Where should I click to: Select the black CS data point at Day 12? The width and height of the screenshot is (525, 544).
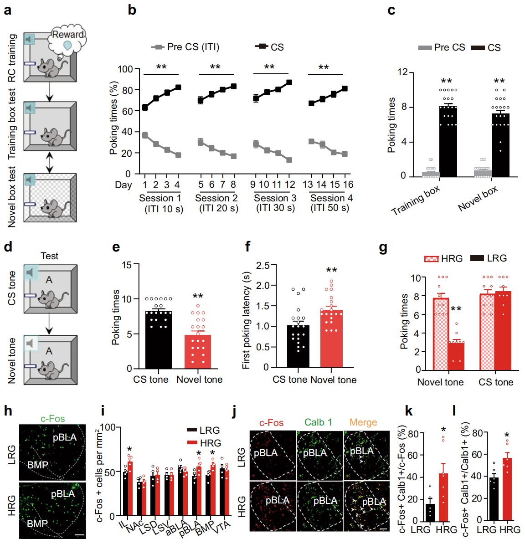pos(289,82)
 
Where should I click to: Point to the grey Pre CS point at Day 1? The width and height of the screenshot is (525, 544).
pos(145,135)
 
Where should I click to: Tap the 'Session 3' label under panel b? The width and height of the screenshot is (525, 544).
pos(275,198)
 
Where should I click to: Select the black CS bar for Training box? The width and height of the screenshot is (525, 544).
pos(448,141)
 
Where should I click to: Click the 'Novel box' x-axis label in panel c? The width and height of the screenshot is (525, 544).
pos(478,199)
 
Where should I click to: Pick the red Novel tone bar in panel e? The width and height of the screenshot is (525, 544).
pos(197,351)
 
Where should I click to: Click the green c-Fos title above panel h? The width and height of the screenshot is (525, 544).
pos(52,419)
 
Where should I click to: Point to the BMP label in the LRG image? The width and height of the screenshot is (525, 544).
pos(37,465)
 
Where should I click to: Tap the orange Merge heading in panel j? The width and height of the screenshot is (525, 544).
pos(363,422)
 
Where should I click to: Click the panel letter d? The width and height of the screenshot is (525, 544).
pos(8,247)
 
